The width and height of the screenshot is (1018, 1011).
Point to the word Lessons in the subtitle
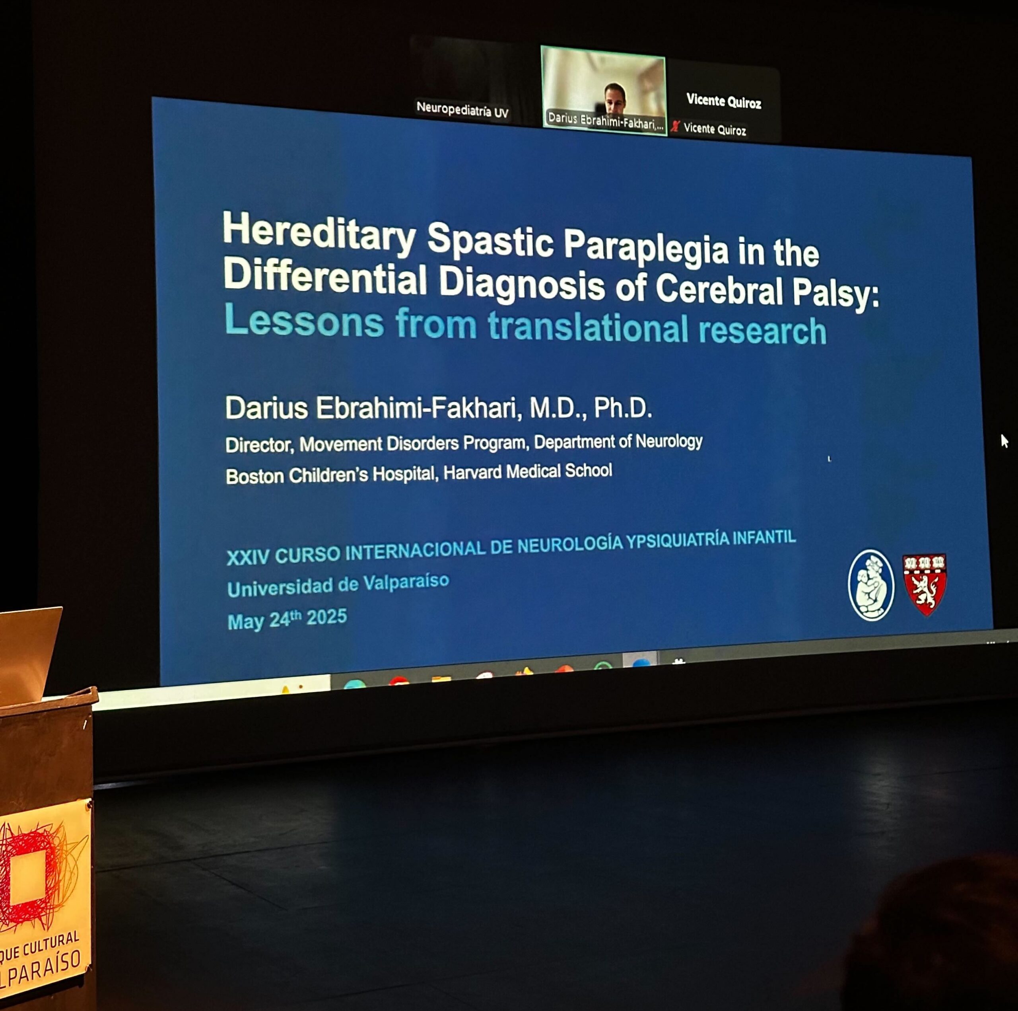304,320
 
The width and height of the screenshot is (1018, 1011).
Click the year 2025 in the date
327,617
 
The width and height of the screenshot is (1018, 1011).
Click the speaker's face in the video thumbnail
615,96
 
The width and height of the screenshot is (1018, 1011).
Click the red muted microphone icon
675,127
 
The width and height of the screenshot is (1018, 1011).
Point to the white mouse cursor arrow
1004,441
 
